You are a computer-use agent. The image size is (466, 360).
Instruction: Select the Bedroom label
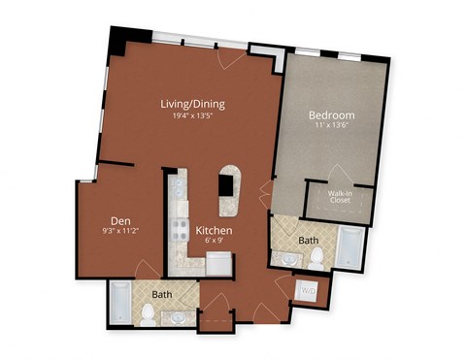tap(331, 115)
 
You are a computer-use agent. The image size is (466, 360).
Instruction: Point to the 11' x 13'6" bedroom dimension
tap(331, 127)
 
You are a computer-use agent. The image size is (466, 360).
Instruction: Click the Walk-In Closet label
tap(340, 197)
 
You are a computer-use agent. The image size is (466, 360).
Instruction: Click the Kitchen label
tap(213, 231)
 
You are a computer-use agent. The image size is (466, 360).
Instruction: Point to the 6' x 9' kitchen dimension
tap(213, 243)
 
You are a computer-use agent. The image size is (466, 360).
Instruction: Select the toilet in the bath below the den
tap(148, 312)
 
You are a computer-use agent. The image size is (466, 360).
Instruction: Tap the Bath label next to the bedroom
tap(309, 238)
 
